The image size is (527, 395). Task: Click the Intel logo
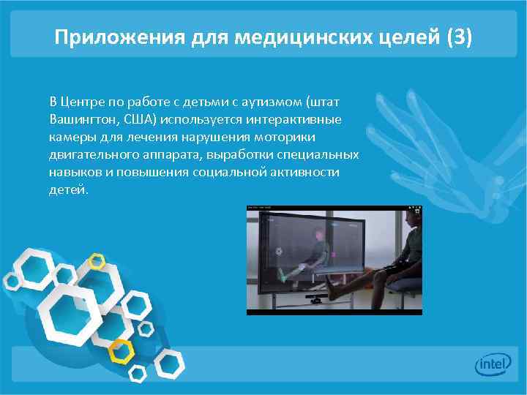(x=493, y=365)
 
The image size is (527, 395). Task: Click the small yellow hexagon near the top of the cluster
(x=96, y=260)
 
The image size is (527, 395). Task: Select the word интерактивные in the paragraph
(x=302, y=118)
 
